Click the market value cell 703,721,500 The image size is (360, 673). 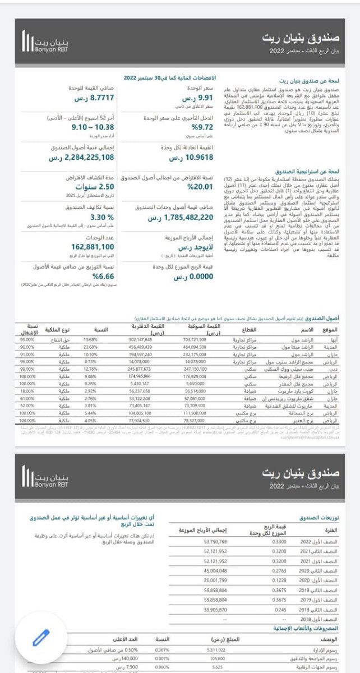tap(195, 339)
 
